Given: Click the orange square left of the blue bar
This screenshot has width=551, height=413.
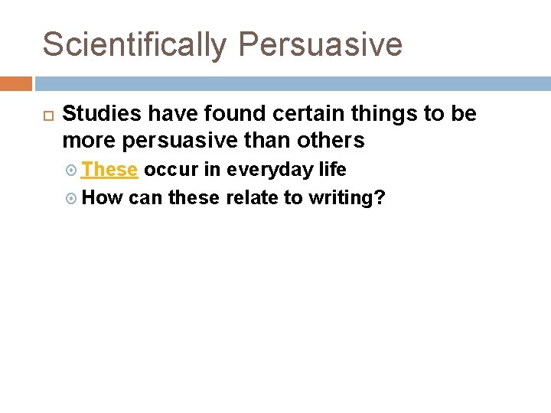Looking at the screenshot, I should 15,83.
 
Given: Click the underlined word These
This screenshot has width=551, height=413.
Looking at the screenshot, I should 109,169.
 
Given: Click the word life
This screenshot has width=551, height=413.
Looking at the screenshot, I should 332,169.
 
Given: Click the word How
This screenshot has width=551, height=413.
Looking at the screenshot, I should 102,198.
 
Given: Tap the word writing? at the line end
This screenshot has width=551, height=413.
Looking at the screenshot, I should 347,198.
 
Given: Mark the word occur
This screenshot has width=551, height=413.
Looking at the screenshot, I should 170,169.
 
